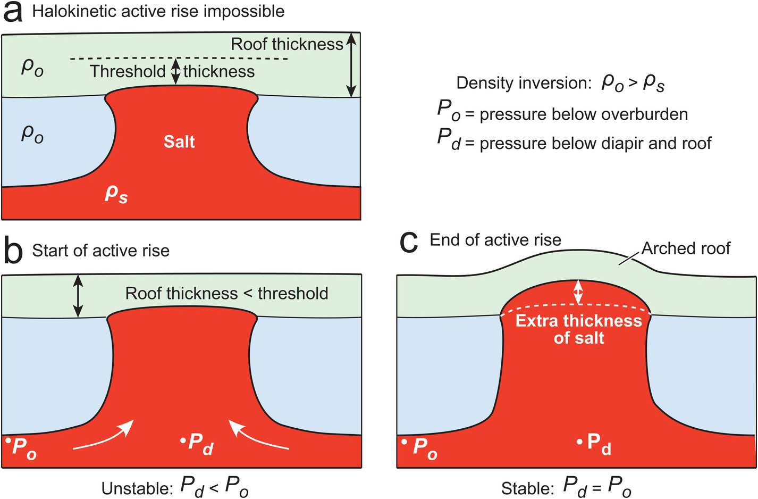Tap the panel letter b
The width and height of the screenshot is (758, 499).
[13, 251]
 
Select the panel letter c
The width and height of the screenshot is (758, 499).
[409, 243]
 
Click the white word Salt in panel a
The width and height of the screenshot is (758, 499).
[179, 142]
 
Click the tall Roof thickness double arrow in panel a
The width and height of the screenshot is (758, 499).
[350, 65]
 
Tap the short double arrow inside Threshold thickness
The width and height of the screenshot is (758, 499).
[175, 72]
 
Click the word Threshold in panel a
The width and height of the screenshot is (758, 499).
[128, 71]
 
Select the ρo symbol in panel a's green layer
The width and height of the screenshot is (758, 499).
[32, 68]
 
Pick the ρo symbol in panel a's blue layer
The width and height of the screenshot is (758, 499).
[32, 134]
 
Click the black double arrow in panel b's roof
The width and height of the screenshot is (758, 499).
[78, 296]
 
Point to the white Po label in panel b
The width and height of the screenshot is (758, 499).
[24, 447]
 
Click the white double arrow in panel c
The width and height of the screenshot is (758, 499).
[578, 292]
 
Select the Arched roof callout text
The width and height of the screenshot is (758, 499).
[686, 248]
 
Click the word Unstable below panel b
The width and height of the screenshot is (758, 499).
[137, 488]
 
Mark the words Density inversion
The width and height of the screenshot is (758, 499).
[524, 83]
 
